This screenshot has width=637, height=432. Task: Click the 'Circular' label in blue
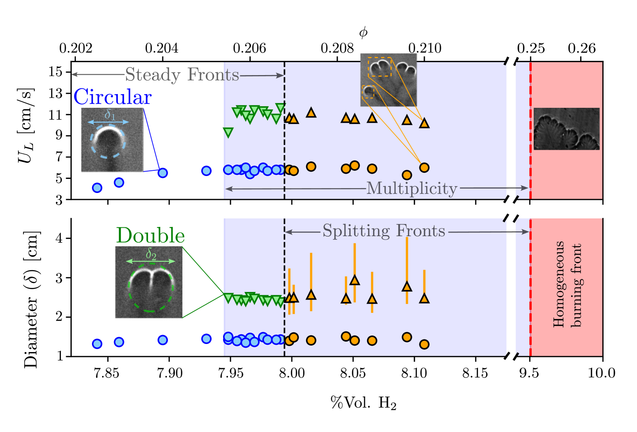113,97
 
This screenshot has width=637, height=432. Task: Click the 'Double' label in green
150,235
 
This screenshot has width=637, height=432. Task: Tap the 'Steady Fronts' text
182,75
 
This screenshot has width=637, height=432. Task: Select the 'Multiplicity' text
411,188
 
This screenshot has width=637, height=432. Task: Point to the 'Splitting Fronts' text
384,231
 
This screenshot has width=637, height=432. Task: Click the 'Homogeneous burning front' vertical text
567,284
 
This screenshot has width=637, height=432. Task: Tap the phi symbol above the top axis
363,32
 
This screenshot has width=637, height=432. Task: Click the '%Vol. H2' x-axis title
363,403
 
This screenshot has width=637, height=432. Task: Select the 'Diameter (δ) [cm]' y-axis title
31,300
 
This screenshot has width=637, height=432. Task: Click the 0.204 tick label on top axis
161,48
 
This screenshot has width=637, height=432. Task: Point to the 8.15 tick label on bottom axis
475,373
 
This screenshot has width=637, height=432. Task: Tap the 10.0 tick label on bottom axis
601,373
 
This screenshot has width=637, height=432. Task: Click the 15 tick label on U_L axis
56,72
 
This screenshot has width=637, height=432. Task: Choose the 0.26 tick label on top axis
581,48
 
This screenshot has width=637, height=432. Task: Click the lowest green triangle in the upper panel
228,132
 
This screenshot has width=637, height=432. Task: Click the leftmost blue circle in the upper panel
97,188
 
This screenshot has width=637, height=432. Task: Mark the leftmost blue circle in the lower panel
97,344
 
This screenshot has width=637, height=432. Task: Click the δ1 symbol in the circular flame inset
110,115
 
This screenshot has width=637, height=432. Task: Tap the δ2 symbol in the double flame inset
151,254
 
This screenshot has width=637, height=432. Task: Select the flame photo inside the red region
566,129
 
